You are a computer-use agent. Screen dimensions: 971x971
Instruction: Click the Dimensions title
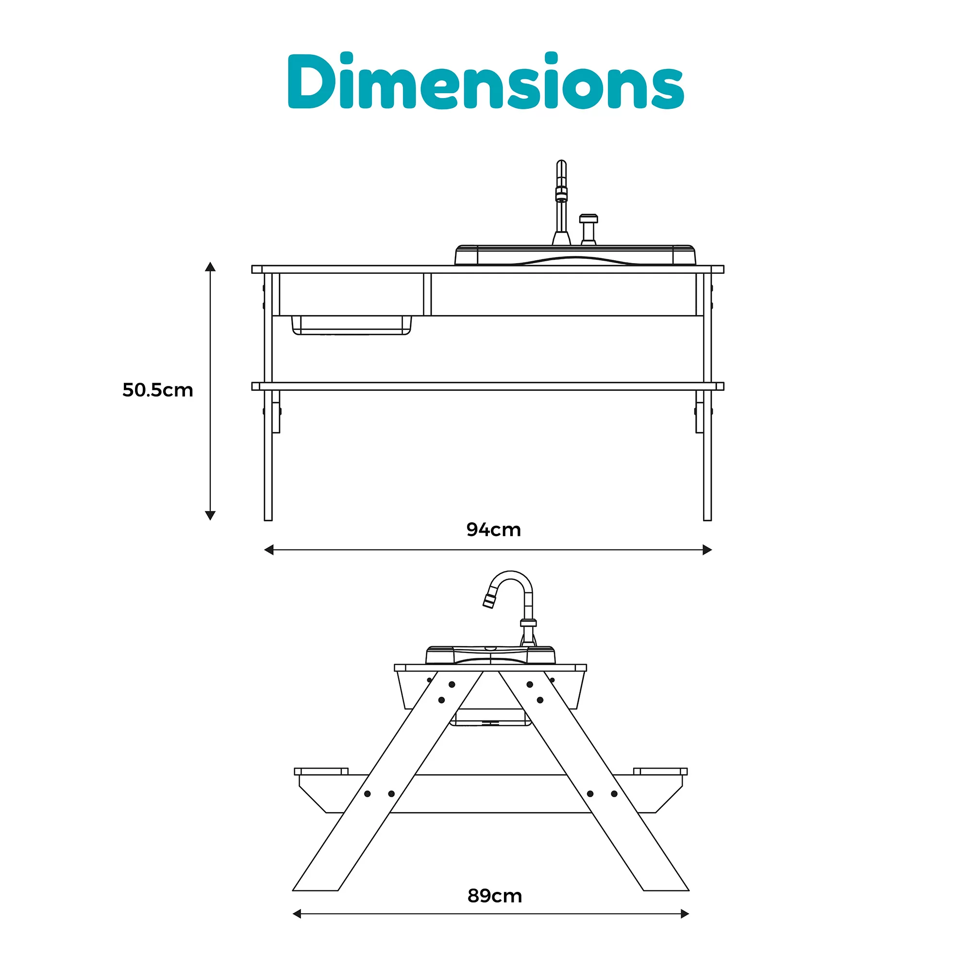point(485,82)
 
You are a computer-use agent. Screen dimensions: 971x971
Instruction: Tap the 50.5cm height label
point(158,390)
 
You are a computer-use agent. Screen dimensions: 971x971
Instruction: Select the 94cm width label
point(494,530)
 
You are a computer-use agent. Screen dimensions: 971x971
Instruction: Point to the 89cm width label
point(495,896)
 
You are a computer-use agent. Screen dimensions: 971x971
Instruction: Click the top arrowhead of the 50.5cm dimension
point(210,267)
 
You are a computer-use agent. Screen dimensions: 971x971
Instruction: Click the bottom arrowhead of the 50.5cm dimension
point(210,515)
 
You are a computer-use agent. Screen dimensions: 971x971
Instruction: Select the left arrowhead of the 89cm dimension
point(297,914)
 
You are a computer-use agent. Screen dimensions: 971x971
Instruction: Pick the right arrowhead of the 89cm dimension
point(685,914)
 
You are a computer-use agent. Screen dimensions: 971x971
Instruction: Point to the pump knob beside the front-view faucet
point(588,229)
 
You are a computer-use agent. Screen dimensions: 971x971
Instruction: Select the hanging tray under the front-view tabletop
point(352,325)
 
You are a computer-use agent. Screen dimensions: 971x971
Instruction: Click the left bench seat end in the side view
point(321,771)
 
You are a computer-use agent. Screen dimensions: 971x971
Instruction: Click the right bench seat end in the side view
point(660,771)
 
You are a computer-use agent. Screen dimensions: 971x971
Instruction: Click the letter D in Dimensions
point(306,82)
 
